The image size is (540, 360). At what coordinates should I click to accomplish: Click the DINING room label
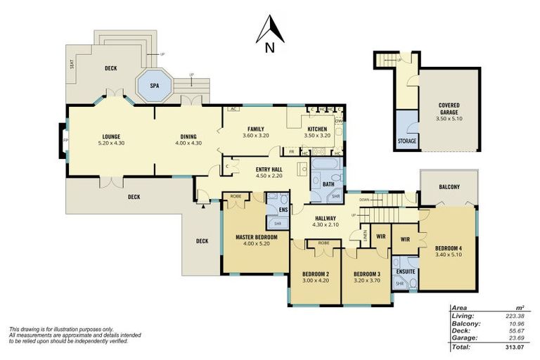coord(188,136)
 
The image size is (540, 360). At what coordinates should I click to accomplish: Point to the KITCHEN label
coord(316,129)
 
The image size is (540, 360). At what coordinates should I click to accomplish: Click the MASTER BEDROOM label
coord(256,238)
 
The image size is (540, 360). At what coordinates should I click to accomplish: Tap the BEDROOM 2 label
coord(316,274)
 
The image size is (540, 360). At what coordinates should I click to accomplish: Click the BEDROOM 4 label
coord(448,249)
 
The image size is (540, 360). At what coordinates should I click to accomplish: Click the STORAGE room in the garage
coord(407,141)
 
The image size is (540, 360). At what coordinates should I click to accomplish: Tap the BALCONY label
coord(449,186)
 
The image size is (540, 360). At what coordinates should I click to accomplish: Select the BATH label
coord(328,184)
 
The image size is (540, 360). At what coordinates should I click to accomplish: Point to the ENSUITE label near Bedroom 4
coord(405,271)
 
